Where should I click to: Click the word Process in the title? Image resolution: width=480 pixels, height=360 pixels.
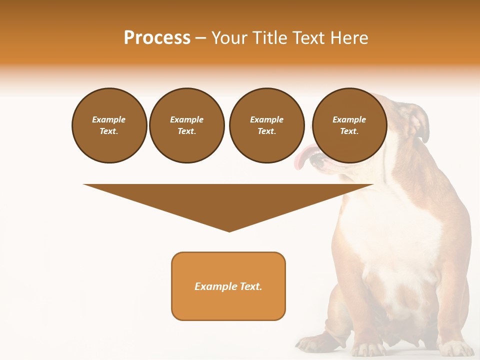[157, 38]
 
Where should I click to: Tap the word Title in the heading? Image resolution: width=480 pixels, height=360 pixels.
[267, 38]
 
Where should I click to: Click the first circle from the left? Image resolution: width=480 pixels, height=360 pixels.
[109, 125]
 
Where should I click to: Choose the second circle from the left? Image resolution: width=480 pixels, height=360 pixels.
[187, 125]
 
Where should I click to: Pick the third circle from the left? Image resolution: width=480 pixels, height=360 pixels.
[266, 125]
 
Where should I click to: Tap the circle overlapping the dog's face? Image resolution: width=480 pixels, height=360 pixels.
[349, 125]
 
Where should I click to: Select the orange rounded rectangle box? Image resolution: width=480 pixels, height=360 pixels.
[228, 286]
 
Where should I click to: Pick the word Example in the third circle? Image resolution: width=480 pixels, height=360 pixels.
[266, 119]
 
